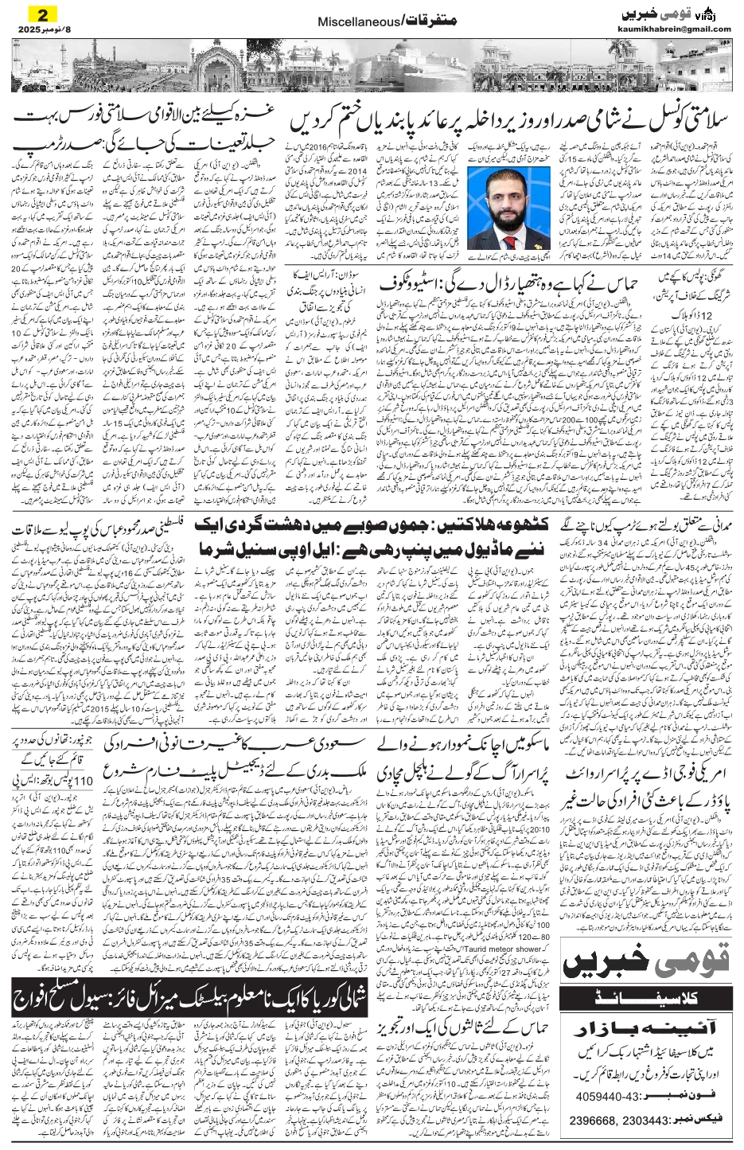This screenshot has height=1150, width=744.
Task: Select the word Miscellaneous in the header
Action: (x=351, y=25)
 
